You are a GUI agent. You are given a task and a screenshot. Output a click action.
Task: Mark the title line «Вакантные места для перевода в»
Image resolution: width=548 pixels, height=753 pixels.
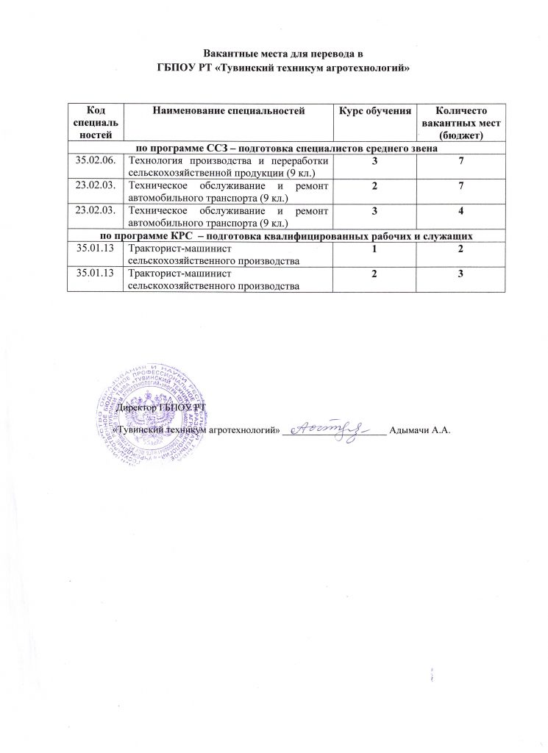[x=284, y=54]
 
